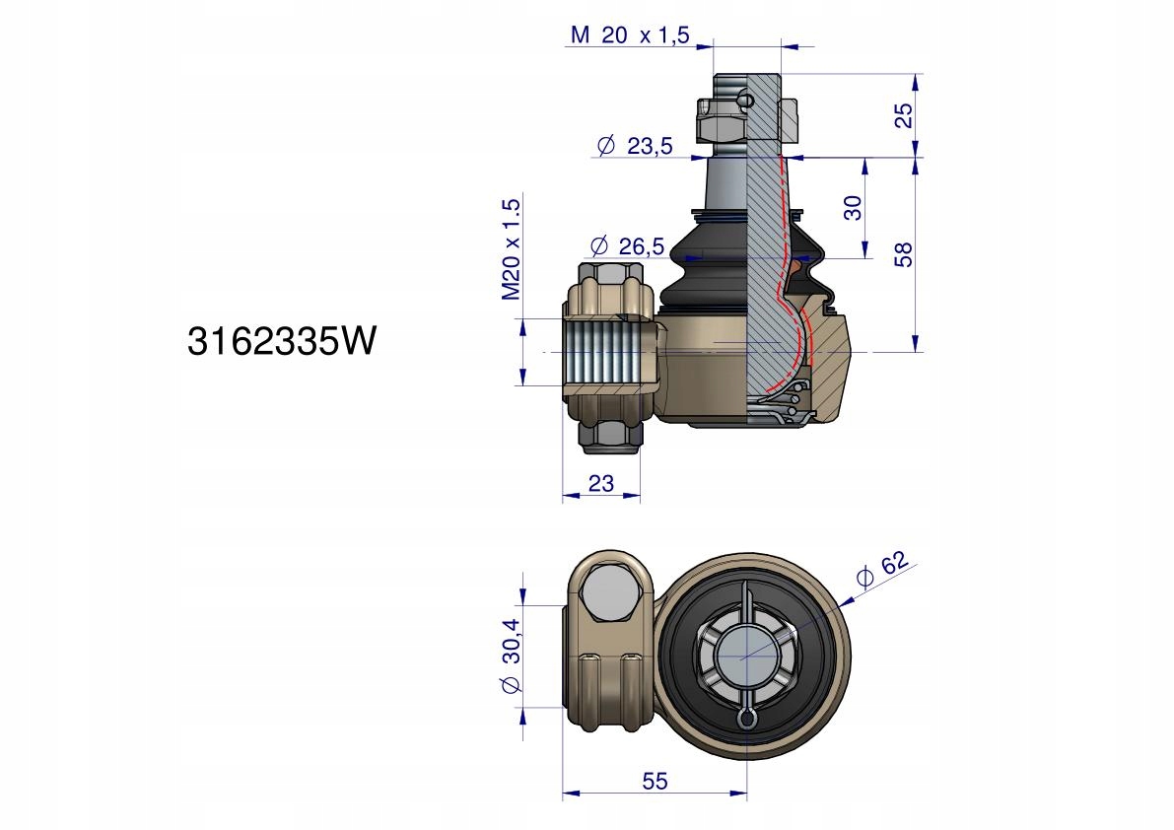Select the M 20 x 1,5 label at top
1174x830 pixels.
click(x=630, y=35)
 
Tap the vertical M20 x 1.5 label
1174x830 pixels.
click(x=511, y=249)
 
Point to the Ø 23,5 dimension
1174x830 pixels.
click(x=635, y=145)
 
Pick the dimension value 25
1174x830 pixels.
click(x=905, y=114)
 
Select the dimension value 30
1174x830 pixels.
click(x=853, y=207)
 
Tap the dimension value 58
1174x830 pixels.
click(x=905, y=254)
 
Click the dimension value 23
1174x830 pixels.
click(x=601, y=483)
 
